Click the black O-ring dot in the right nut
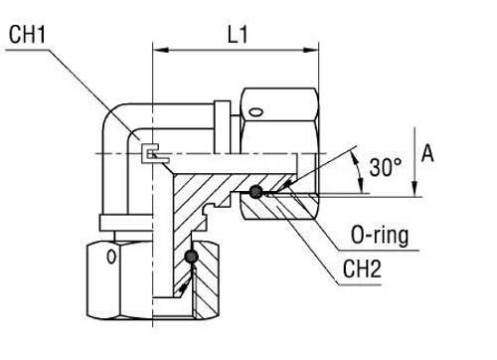pyautogui.click(x=257, y=193)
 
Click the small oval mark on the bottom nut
pyautogui.click(x=110, y=259)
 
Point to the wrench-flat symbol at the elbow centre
pyautogui.click(x=150, y=154)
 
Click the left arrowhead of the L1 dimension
pyautogui.click(x=158, y=46)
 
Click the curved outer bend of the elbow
pyautogui.click(x=111, y=109)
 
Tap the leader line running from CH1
pyautogui.click(x=94, y=94)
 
